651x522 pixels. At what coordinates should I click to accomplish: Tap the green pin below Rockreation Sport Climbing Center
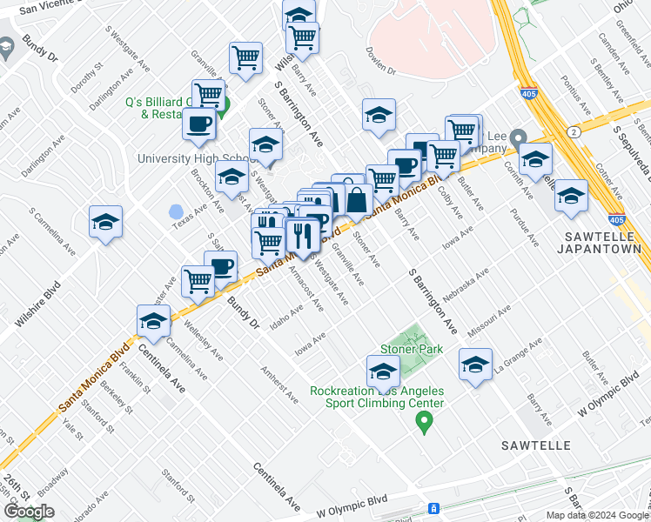(x=425, y=423)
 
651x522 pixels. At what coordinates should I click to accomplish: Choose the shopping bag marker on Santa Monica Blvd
(x=359, y=199)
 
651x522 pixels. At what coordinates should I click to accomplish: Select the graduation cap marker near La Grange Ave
(x=476, y=365)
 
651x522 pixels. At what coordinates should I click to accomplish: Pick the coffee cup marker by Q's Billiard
(x=199, y=124)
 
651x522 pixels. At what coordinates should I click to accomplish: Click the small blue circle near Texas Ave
(x=176, y=211)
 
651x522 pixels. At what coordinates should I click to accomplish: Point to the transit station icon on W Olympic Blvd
(x=433, y=508)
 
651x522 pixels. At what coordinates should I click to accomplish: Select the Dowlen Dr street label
(x=380, y=64)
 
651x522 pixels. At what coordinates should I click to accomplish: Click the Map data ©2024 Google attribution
(x=597, y=515)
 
